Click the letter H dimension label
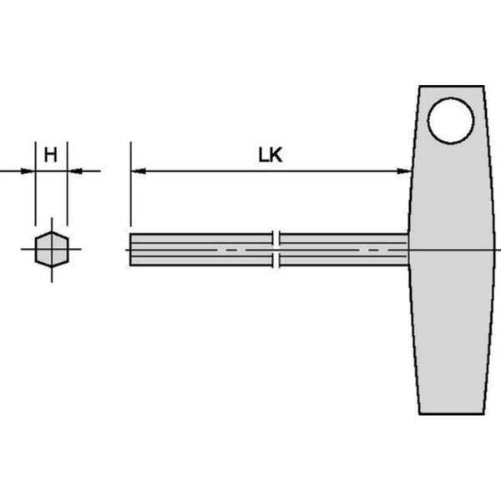tap(51, 155)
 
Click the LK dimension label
tap(271, 155)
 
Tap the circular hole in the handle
tap(451, 120)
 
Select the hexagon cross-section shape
tap(52, 249)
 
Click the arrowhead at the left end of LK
tap(139, 171)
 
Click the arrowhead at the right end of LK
tap(404, 171)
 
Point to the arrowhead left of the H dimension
tap(28, 171)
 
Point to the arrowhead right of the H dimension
tap(75, 171)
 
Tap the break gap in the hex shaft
tap(276, 249)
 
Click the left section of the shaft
tap(201, 250)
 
